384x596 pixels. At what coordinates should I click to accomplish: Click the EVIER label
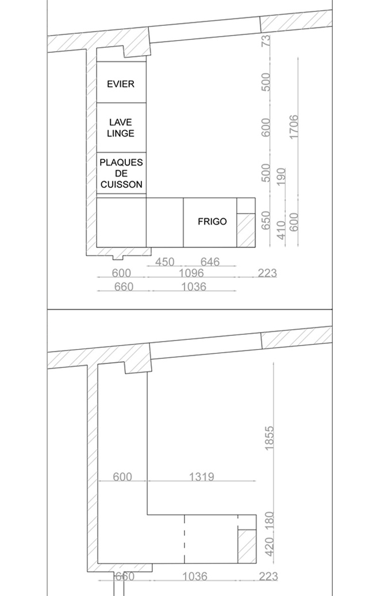tap(121, 84)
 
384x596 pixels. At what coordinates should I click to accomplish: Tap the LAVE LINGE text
tap(121, 127)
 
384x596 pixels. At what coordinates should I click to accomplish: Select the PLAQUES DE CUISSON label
tap(121, 173)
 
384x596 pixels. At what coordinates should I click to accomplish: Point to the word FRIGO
tap(212, 221)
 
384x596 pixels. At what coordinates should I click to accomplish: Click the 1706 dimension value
tap(294, 127)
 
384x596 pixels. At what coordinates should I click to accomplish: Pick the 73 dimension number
tap(266, 40)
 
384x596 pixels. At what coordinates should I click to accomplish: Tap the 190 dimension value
tap(281, 177)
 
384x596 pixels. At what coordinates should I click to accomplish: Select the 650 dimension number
tap(266, 220)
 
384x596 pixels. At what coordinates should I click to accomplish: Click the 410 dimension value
tap(281, 230)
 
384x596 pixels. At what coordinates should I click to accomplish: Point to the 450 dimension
tap(165, 261)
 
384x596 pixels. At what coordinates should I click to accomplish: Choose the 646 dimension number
tap(210, 261)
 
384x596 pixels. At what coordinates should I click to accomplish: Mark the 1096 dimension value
tap(191, 273)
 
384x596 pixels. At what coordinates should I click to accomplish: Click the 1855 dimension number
tap(269, 438)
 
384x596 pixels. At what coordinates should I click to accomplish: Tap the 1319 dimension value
tap(202, 476)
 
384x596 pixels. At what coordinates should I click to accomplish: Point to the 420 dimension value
tap(269, 547)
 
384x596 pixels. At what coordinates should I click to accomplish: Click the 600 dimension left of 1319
tap(122, 476)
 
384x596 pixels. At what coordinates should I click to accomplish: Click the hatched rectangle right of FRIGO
tap(246, 230)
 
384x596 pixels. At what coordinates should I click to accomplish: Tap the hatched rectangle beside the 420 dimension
tap(247, 546)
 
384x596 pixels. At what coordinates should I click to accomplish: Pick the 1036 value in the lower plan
tap(195, 576)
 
